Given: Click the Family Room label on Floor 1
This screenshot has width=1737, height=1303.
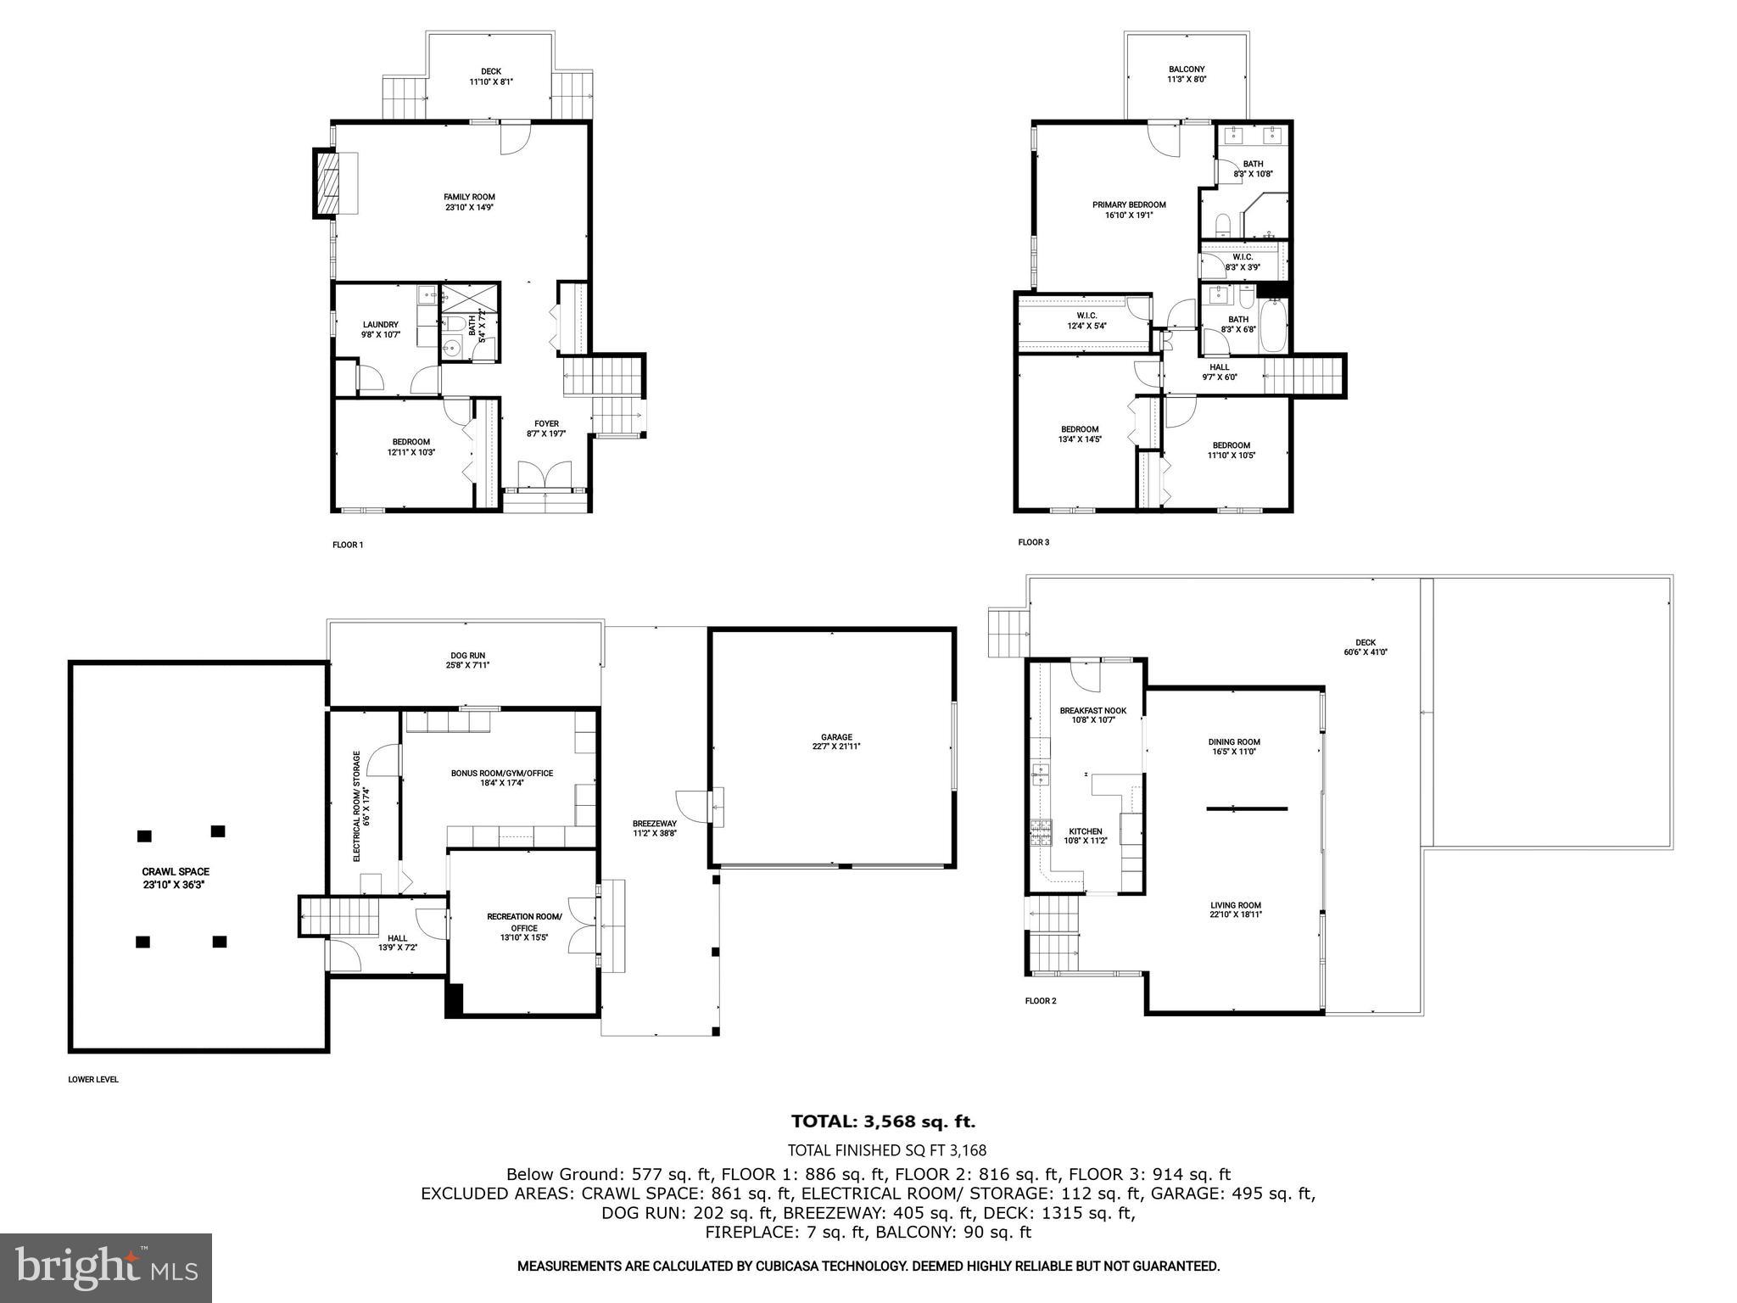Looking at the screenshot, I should [x=469, y=202].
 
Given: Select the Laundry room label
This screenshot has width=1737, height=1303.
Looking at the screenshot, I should [x=381, y=329].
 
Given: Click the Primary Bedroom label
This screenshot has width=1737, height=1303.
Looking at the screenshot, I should [x=1129, y=210].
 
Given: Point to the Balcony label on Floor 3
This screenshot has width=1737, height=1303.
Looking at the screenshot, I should [x=1187, y=74].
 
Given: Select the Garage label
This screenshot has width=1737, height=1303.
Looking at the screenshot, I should [x=836, y=741].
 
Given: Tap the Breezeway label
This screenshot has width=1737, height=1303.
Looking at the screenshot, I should [x=655, y=828].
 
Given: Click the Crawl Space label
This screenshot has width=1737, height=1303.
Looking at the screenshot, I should [x=176, y=877].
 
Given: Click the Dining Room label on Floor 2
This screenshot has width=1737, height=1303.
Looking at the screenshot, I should [x=1234, y=747].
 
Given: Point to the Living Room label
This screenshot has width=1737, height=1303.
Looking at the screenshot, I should [x=1236, y=909].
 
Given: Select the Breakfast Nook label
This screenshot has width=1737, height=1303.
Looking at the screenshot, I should [x=1093, y=715].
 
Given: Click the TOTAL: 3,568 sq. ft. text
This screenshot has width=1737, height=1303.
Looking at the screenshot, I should [x=883, y=1121].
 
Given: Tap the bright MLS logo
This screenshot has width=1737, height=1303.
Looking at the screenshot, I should [x=106, y=1267].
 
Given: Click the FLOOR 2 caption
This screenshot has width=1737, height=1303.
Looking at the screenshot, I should [x=1041, y=1001].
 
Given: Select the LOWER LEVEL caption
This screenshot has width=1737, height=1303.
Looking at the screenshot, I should [x=93, y=1080].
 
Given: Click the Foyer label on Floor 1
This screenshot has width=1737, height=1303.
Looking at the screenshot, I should [x=546, y=428].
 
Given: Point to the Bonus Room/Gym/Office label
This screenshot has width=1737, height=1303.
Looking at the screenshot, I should [x=501, y=777].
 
